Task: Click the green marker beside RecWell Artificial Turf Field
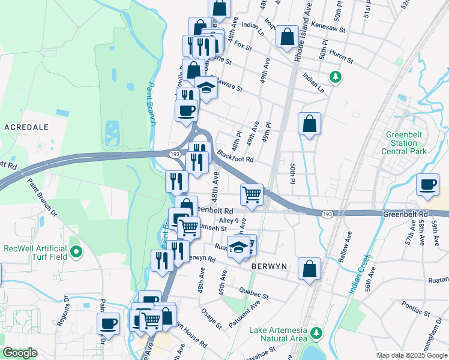76,252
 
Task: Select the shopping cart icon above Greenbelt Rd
252,194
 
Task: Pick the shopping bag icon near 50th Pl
309,124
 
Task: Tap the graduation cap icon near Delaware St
206,88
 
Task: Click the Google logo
21,353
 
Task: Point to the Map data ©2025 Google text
411,355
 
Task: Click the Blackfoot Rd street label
236,157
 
